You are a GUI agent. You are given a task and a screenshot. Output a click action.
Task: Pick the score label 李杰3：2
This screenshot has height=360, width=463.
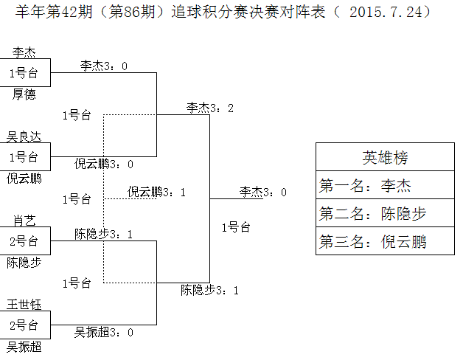(210, 108)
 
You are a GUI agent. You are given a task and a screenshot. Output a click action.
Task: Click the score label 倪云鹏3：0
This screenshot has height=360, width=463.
(104, 164)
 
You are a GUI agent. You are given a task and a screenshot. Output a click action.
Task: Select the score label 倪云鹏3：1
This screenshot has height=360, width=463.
(156, 192)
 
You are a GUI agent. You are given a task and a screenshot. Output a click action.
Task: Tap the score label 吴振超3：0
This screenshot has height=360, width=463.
(104, 332)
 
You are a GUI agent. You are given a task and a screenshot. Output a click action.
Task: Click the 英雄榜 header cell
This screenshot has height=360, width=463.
(385, 158)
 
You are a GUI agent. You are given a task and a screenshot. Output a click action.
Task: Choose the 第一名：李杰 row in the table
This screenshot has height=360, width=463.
(385, 186)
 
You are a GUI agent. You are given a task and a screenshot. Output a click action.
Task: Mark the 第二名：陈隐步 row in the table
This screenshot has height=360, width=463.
(385, 214)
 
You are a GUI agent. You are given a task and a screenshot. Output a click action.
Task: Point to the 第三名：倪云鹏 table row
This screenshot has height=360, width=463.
(385, 241)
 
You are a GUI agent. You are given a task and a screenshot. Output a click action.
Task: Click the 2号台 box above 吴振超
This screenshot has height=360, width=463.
(24, 325)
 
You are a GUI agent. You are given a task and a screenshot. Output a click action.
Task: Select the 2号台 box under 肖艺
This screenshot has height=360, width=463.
(24, 240)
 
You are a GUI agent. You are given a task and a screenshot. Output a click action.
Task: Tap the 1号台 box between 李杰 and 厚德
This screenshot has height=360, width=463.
(24, 73)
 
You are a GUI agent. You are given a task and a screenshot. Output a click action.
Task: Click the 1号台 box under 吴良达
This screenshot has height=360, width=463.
(24, 156)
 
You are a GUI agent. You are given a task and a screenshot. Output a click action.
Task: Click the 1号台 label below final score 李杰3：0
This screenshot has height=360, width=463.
(235, 227)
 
